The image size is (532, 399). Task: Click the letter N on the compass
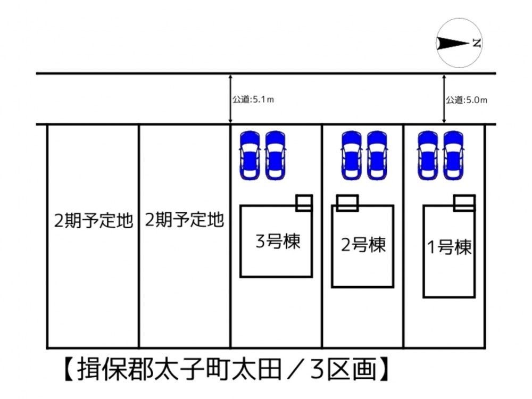477,43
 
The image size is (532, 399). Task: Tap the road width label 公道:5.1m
253,99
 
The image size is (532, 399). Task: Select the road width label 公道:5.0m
466,100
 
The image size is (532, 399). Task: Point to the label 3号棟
278,242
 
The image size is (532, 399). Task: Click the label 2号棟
363,244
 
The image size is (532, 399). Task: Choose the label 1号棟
449,247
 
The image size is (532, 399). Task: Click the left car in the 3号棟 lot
250,155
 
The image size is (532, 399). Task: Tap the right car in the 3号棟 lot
275,155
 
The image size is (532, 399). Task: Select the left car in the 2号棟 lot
352,155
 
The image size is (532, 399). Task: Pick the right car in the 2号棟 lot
377,155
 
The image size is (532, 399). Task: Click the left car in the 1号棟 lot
428,155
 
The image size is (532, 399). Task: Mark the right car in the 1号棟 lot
453,155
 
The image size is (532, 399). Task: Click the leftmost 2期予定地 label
93,221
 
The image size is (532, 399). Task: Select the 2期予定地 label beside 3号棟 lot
184,220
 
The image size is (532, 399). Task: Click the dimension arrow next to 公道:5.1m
230,99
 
